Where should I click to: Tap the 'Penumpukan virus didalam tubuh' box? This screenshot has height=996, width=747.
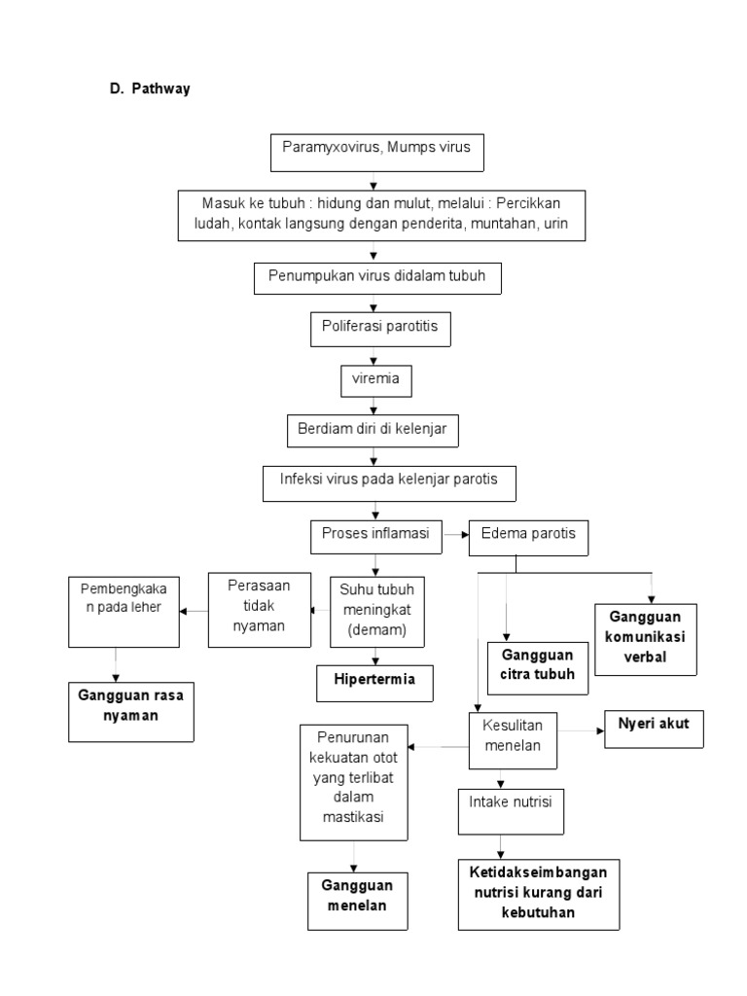[x=375, y=278]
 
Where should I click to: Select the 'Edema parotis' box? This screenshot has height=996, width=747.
[x=528, y=534]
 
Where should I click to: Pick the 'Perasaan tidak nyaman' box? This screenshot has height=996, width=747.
[x=259, y=608]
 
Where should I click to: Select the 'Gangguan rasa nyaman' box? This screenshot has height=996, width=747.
[x=131, y=705]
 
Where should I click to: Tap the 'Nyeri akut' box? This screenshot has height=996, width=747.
[x=653, y=724]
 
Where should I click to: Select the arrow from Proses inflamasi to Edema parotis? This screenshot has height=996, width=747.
[x=455, y=533]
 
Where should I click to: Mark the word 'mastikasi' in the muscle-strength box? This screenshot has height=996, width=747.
[x=354, y=816]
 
